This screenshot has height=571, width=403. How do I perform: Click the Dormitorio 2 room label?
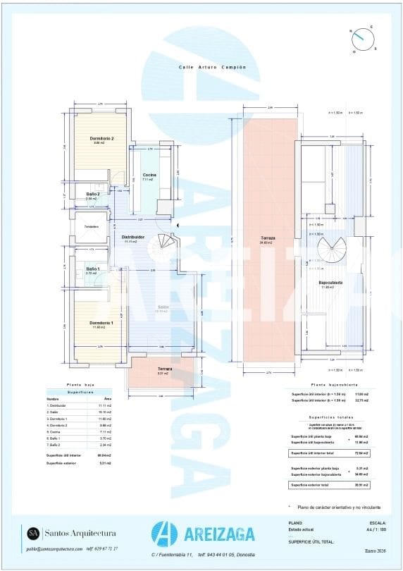click(x=101, y=139)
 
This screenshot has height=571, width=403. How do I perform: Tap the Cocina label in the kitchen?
click(x=149, y=174)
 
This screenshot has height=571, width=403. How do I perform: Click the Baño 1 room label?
click(x=93, y=269)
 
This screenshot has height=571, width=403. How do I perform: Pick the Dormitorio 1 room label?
click(x=101, y=322)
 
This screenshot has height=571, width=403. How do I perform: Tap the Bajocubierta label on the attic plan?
click(x=331, y=283)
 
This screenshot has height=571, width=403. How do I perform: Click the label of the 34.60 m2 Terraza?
click(x=268, y=238)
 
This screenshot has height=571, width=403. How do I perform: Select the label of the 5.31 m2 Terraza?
click(x=164, y=369)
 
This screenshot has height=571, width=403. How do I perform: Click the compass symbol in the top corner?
click(x=363, y=37)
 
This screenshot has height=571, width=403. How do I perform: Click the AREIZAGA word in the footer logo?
click(x=223, y=535)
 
